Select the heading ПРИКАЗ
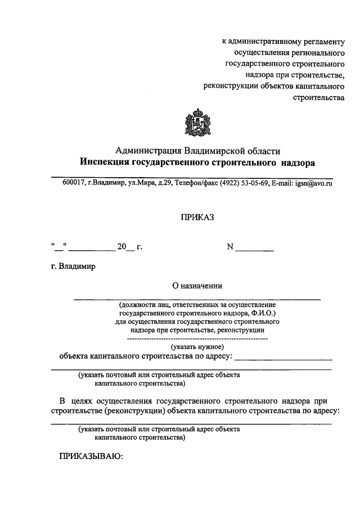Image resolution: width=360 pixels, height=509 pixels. (197, 217)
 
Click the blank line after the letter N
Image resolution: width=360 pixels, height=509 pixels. (255, 249)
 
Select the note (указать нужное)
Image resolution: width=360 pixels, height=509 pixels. (197, 347)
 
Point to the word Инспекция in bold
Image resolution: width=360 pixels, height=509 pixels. (105, 163)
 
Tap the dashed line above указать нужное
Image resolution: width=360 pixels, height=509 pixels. (197, 339)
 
